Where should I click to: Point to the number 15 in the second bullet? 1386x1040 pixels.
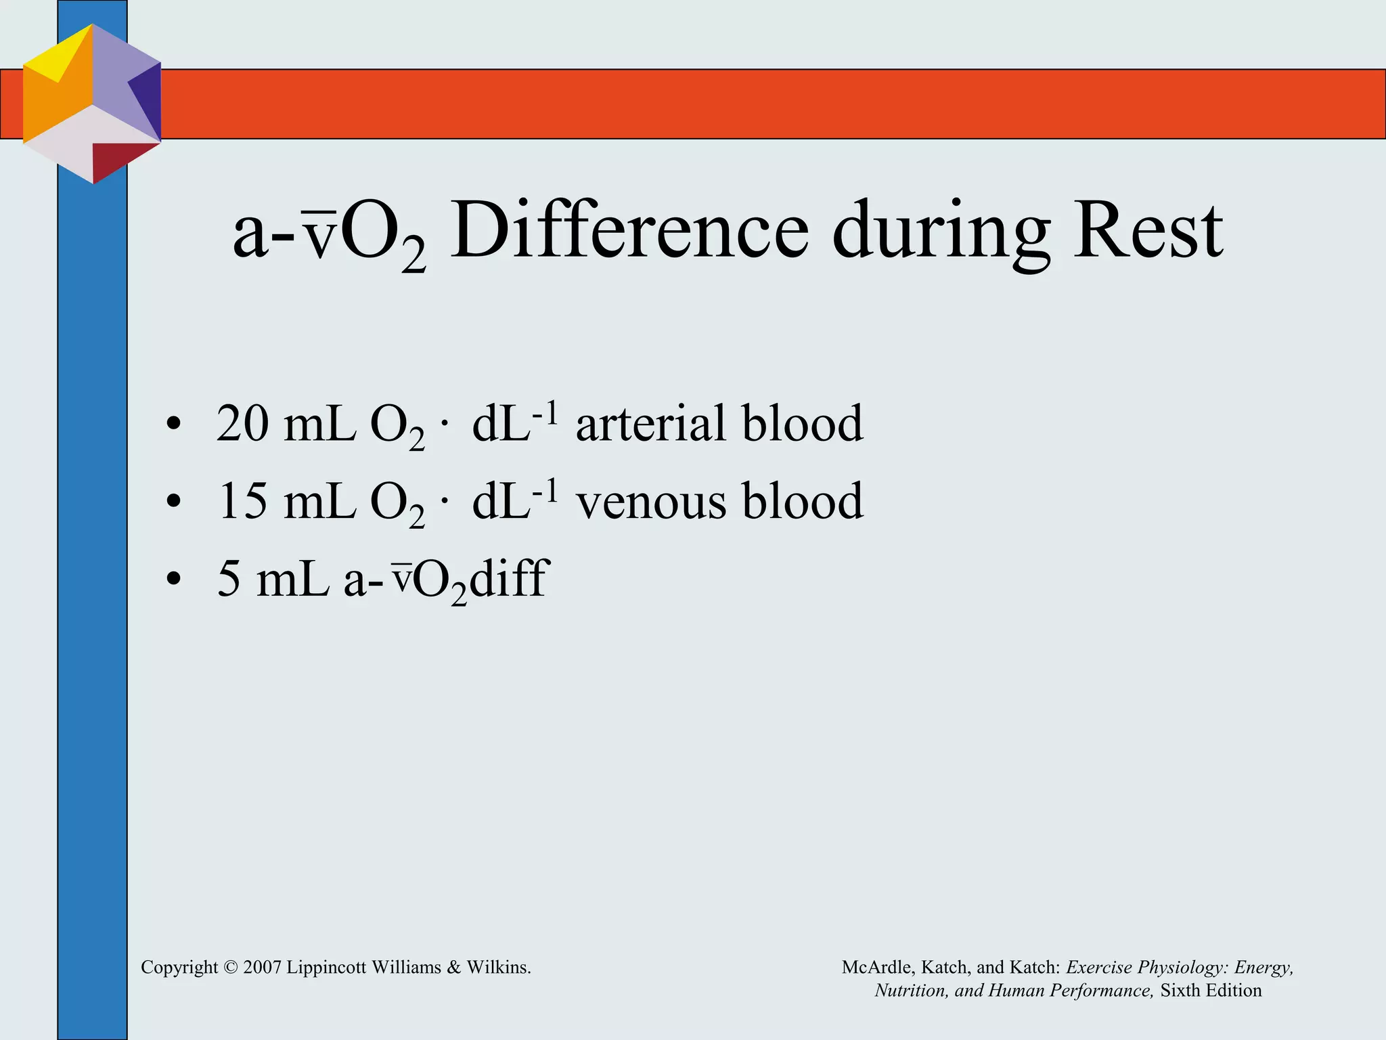point(242,502)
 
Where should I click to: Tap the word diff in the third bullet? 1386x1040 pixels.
point(508,579)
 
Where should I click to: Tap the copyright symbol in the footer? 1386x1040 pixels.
point(231,968)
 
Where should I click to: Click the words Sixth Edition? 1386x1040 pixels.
point(1211,991)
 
